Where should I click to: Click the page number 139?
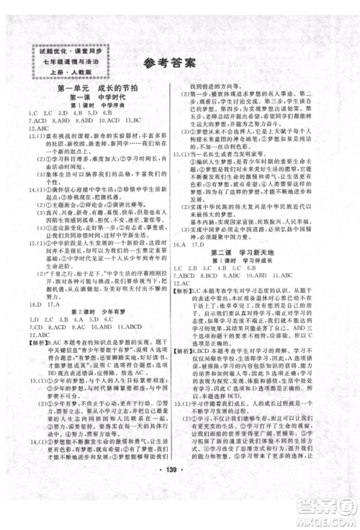coord(179,479)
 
